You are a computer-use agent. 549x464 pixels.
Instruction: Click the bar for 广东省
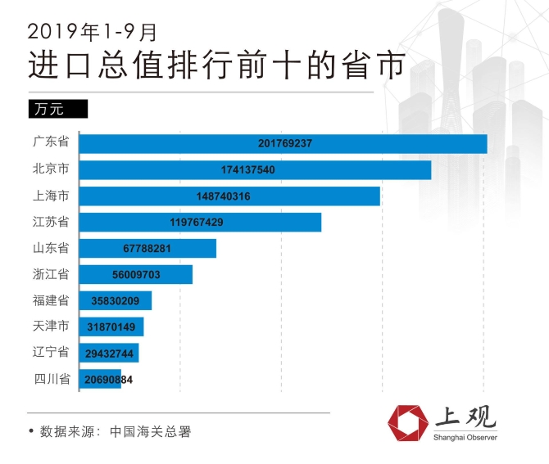pyautogui.click(x=284, y=143)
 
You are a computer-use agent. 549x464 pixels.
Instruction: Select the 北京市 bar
pyautogui.click(x=256, y=169)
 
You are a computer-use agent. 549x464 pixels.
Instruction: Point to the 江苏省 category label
pyautogui.click(x=51, y=222)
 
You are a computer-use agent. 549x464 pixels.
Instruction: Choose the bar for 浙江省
pyautogui.click(x=136, y=275)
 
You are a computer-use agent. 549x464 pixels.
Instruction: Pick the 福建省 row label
pyautogui.click(x=51, y=300)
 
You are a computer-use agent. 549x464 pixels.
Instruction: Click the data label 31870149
pyautogui.click(x=110, y=327)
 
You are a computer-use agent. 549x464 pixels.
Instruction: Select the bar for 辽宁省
pyautogui.click(x=109, y=353)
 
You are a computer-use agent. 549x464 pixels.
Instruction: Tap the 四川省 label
pyautogui.click(x=51, y=379)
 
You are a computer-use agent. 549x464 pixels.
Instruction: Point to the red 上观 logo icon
pyautogui.click(x=408, y=422)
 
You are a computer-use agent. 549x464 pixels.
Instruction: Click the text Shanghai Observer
pyautogui.click(x=465, y=437)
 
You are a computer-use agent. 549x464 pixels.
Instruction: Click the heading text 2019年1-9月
pyautogui.click(x=91, y=31)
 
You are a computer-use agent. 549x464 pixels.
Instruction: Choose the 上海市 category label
pyautogui.click(x=51, y=196)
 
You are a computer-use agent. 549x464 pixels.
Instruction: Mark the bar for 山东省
pyautogui.click(x=147, y=249)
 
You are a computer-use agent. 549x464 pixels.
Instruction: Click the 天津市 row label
pyautogui.click(x=51, y=327)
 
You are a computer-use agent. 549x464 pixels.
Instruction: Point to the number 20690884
pyautogui.click(x=108, y=380)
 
